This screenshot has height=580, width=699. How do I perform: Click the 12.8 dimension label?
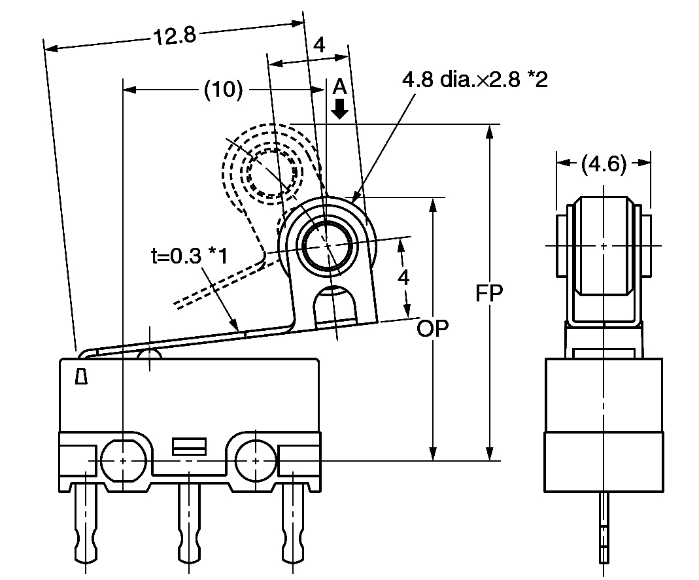pyautogui.click(x=175, y=36)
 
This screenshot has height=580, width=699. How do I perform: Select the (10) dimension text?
pyautogui.click(x=224, y=89)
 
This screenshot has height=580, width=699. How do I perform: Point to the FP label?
pyautogui.click(x=489, y=293)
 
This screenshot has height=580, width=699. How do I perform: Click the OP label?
pyautogui.click(x=432, y=328)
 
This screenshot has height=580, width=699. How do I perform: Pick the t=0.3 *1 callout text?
pyautogui.click(x=190, y=256)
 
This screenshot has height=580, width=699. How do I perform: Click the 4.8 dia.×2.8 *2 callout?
pyautogui.click(x=475, y=79)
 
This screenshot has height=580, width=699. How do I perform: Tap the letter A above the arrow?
pyautogui.click(x=340, y=86)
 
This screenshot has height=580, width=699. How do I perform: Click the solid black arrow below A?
pyautogui.click(x=340, y=109)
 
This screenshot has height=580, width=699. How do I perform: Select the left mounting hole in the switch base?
pyautogui.click(x=124, y=461)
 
